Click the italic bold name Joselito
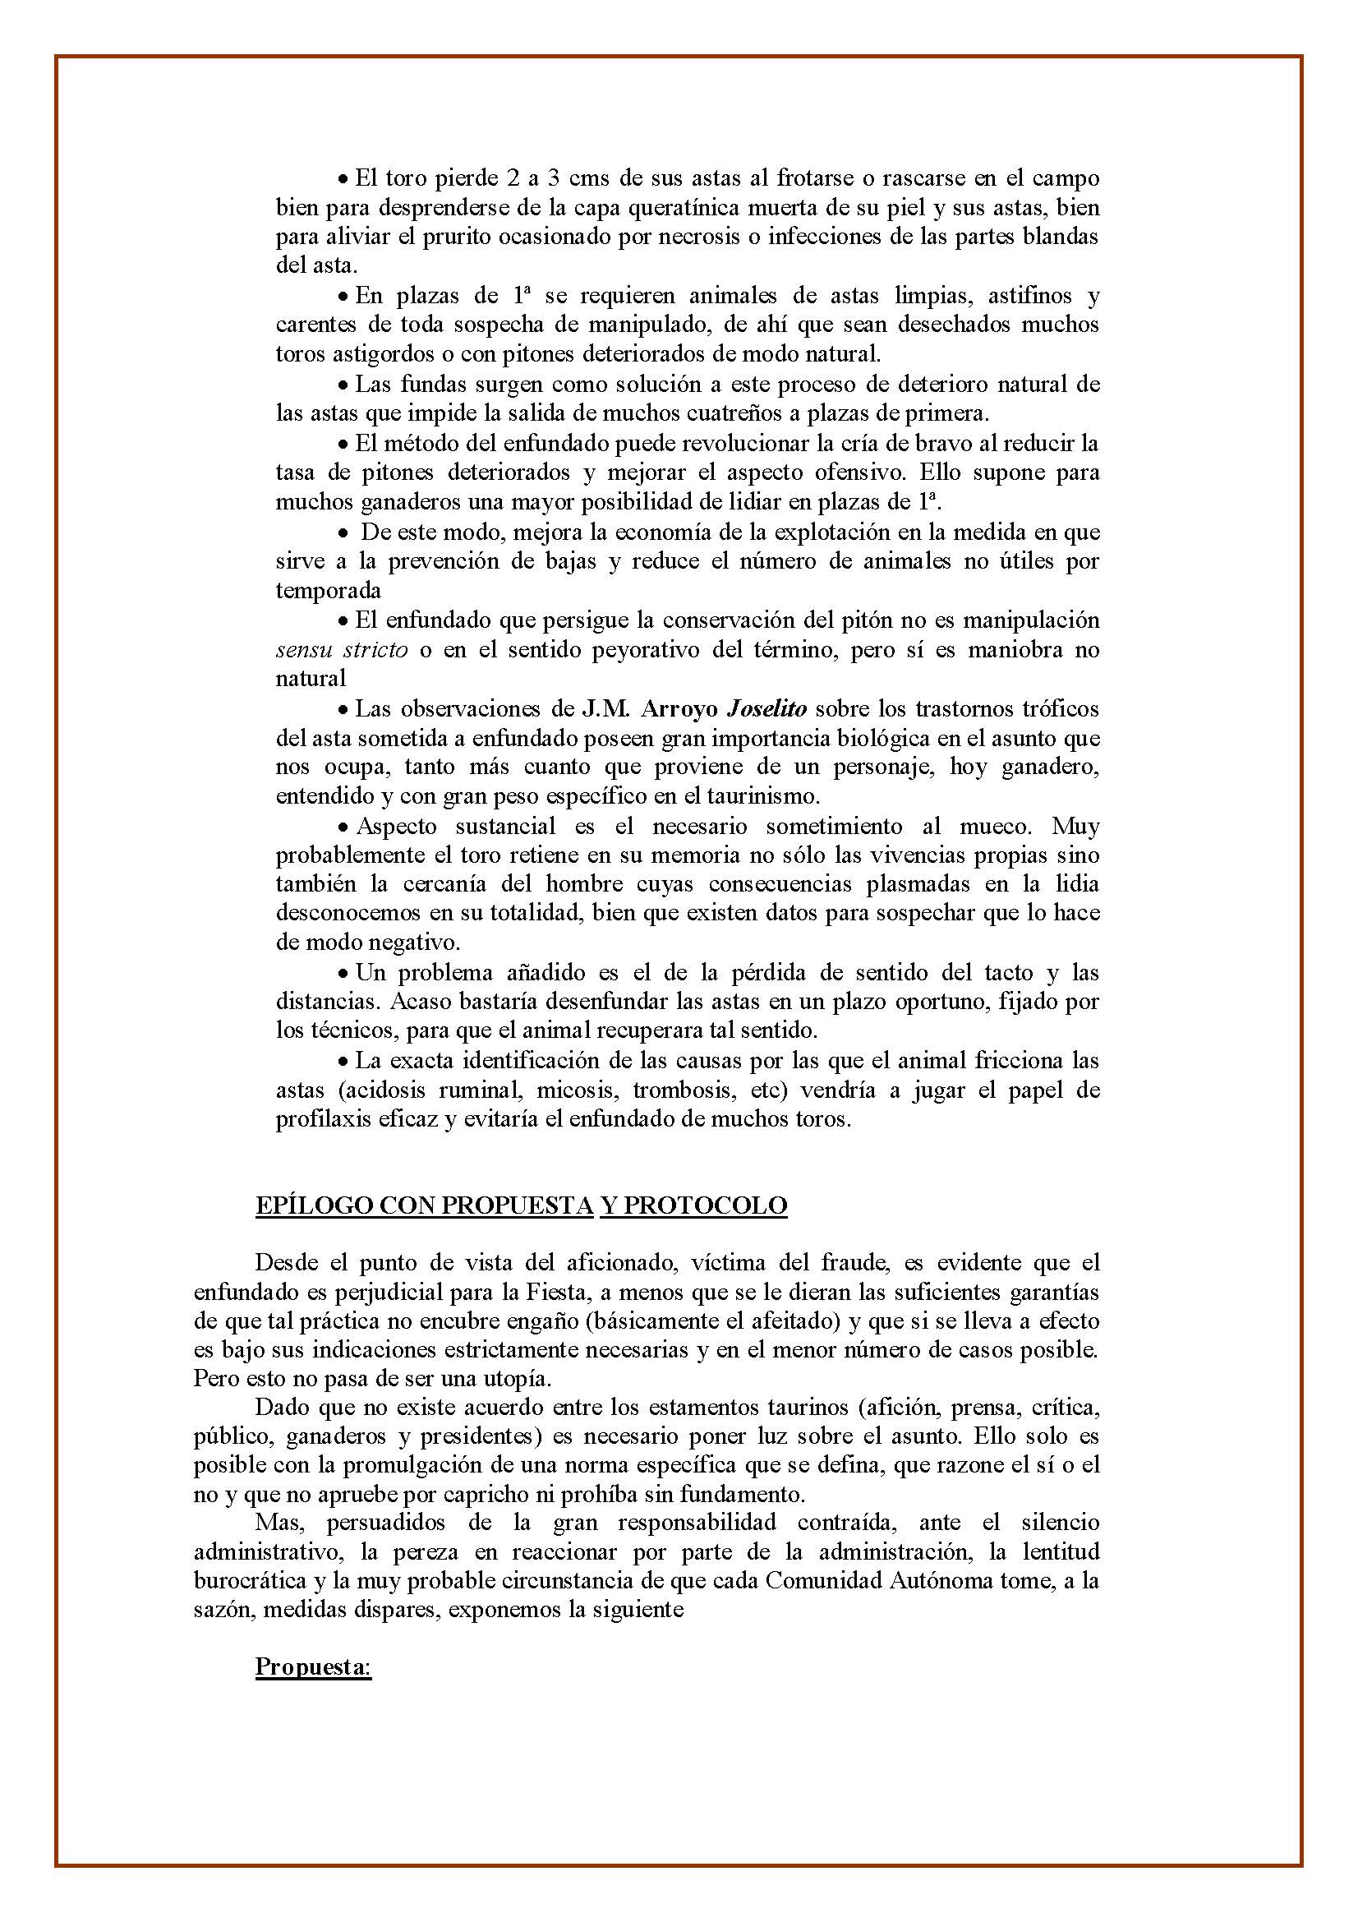[x=766, y=709]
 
